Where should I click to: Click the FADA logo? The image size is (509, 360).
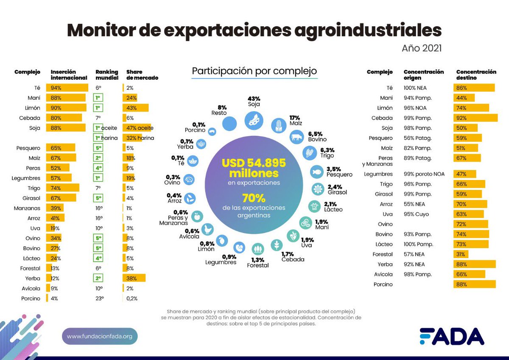[451, 337]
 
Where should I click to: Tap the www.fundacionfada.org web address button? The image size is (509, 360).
[100, 336]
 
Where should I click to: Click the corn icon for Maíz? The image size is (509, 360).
[279, 126]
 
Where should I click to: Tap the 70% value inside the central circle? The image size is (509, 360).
[254, 198]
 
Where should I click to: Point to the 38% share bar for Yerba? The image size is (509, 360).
[134, 278]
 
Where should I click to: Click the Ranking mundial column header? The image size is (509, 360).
[106, 75]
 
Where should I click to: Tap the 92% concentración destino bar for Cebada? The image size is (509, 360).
[475, 118]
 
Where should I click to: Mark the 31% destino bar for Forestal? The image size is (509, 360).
[461, 254]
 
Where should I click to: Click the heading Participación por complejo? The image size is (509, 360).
[255, 71]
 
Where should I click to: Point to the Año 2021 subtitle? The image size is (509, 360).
[421, 48]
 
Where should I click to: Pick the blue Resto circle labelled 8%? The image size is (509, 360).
[229, 124]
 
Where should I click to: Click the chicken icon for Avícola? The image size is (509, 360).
[207, 229]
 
